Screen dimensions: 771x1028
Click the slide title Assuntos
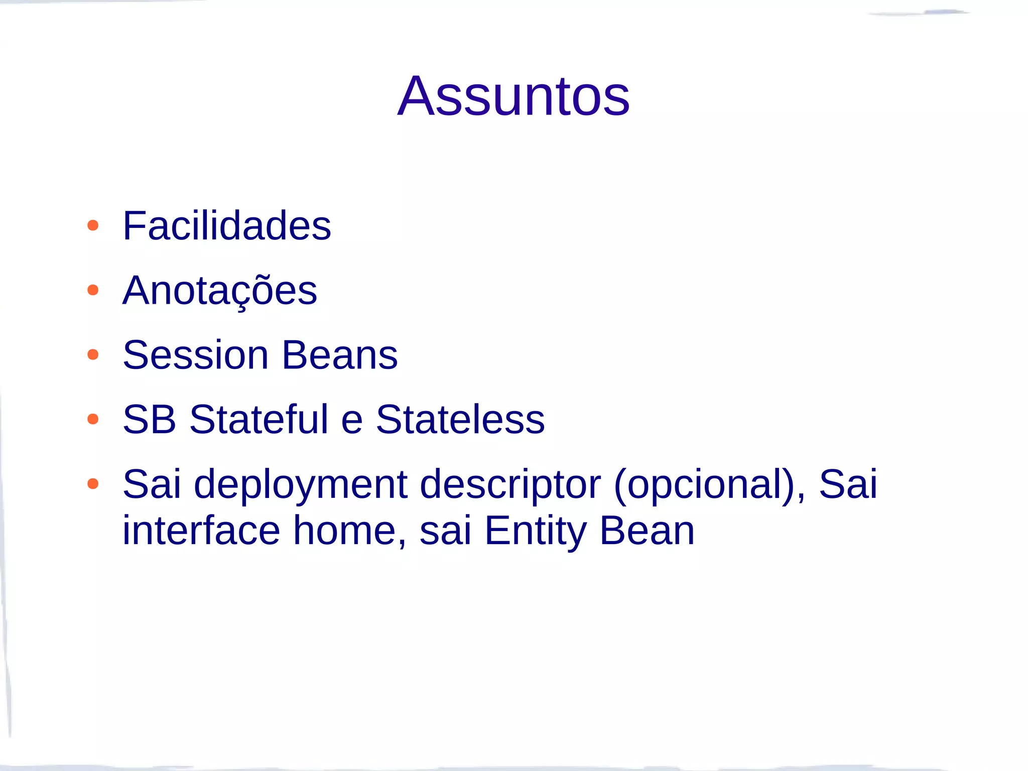(513, 96)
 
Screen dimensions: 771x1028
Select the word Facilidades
(226, 226)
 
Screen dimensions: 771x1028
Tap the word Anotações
(219, 291)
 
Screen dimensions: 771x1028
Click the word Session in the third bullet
(196, 355)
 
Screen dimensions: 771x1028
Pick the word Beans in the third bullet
(340, 355)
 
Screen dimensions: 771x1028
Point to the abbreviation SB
(149, 419)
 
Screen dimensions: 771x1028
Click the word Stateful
(259, 419)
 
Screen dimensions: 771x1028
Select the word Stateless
(460, 419)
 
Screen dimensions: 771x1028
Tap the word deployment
(300, 485)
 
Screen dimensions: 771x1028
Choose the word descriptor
(510, 485)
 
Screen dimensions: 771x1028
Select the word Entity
(535, 531)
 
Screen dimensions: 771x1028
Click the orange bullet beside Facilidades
(93, 225)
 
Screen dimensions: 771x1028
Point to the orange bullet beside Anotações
(93, 290)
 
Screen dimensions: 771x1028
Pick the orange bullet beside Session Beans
(93, 355)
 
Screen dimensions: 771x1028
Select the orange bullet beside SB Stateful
(93, 419)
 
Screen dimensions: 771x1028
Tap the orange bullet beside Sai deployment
(93, 484)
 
